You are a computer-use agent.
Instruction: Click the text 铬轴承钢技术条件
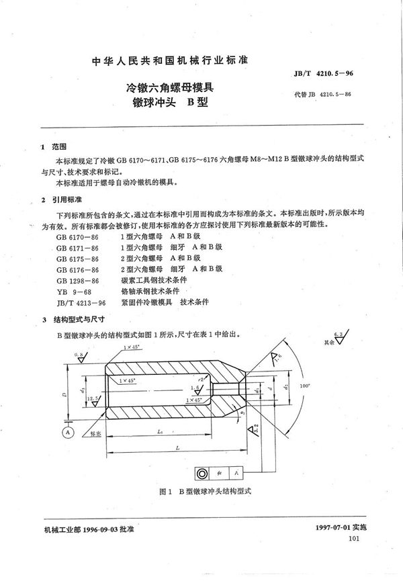[x=150, y=291]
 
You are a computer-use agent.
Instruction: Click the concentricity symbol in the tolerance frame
[x=203, y=472]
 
